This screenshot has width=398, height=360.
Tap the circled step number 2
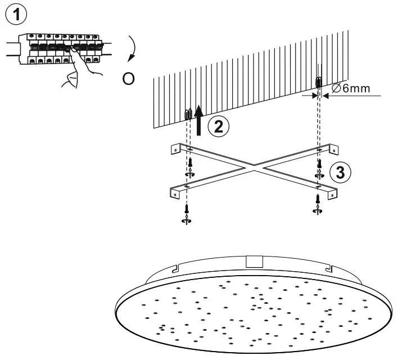pyautogui.click(x=219, y=125)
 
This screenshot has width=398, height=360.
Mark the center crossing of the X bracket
pyautogui.click(x=256, y=167)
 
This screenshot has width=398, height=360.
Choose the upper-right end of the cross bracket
pyautogui.click(x=336, y=148)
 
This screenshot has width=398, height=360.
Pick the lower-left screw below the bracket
pyautogui.click(x=186, y=213)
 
